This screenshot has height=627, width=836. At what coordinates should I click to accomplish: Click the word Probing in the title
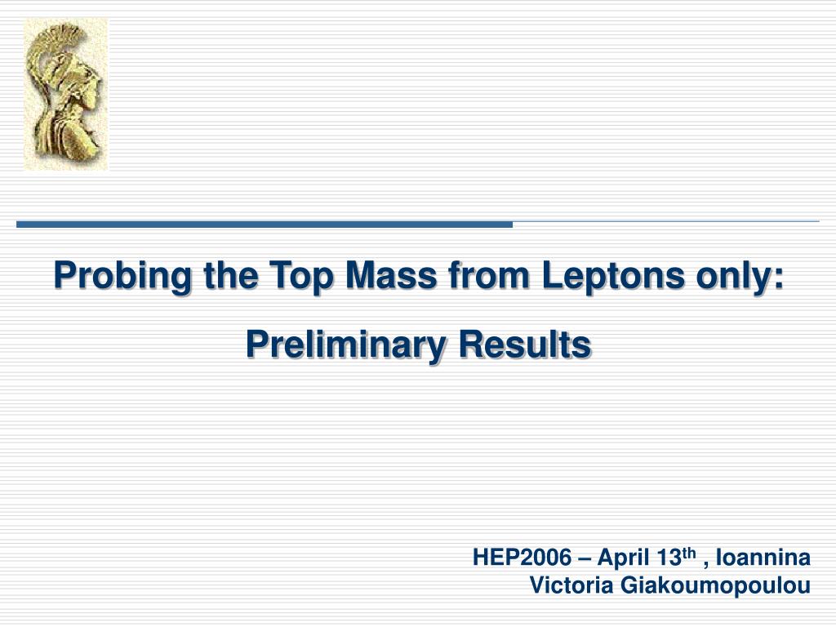(x=122, y=276)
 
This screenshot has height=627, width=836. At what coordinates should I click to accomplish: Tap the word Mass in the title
(x=391, y=275)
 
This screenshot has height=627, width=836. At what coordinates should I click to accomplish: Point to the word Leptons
(x=613, y=276)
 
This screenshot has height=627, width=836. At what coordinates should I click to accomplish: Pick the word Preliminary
(x=345, y=345)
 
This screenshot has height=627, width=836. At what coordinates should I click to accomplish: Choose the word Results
(x=525, y=345)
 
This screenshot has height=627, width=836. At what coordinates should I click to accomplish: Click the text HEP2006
(x=522, y=558)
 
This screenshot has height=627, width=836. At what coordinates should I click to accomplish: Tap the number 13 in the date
(x=669, y=558)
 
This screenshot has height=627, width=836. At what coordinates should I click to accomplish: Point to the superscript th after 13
(x=689, y=553)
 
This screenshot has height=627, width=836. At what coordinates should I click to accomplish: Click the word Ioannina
(x=763, y=558)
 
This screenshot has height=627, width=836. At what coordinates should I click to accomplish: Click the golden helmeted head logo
(x=66, y=95)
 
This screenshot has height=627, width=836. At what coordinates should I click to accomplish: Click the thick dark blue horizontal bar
(x=265, y=225)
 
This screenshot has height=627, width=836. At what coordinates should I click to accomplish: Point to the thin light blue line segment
(x=666, y=221)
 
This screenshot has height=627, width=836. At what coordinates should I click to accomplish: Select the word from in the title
(x=489, y=275)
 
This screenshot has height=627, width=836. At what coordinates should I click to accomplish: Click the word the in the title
(x=230, y=275)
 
